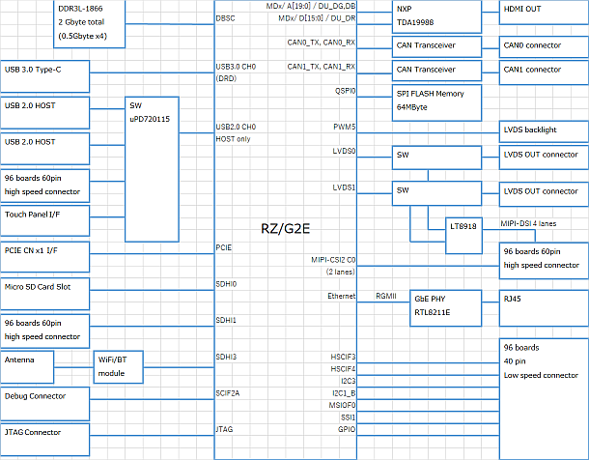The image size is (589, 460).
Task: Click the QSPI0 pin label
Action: (345, 90)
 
